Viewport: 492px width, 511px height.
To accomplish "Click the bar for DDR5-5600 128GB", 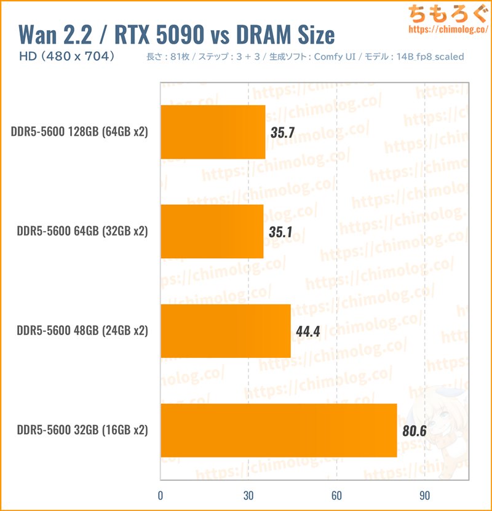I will [213, 132].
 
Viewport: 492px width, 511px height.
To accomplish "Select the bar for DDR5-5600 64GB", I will [212, 231].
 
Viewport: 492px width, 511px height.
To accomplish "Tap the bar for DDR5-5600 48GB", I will [225, 331].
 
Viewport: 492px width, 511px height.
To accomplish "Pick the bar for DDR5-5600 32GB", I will [278, 430].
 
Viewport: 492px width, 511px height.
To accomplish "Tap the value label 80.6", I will [414, 430].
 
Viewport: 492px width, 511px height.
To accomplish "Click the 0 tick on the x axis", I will [161, 496].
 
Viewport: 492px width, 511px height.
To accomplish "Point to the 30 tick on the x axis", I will [248, 496].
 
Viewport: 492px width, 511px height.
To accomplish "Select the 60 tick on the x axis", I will [336, 496].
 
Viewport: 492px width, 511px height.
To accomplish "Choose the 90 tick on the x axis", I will [424, 496].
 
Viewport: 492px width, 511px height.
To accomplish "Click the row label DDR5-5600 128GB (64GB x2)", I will [79, 132].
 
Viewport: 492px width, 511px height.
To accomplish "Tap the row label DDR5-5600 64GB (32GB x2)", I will [82, 232].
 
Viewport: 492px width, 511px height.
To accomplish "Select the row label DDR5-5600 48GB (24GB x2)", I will [82, 331].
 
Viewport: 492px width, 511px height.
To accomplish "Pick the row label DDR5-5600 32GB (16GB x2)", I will [82, 430].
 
